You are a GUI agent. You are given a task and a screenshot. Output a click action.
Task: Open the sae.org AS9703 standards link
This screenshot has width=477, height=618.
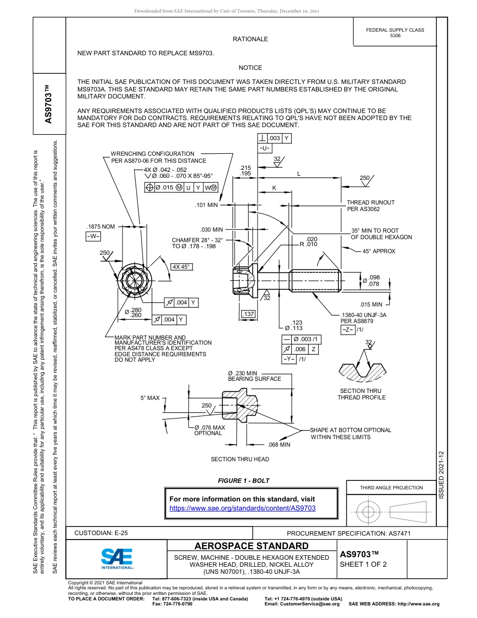pos(243,508)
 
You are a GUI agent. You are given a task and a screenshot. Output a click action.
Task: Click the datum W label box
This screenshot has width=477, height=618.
pos(93,236)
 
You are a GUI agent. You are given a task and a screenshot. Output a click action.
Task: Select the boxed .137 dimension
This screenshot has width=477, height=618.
pos(249,314)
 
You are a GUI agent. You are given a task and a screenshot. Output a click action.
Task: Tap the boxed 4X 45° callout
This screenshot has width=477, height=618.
pos(182,267)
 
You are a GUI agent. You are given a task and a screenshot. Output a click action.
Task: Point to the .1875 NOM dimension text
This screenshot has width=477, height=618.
pos(101,227)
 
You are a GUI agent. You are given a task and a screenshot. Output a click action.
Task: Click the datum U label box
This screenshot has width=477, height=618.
pos(265,148)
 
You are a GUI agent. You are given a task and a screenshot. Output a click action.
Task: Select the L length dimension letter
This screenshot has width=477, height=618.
pos(299,174)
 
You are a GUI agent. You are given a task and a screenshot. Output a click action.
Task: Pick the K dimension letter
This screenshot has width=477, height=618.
pos(274,187)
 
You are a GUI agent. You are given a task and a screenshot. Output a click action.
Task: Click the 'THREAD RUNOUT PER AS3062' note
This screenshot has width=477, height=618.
pos(371,205)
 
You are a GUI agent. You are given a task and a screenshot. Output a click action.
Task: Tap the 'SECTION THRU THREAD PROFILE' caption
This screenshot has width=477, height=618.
pos(361,394)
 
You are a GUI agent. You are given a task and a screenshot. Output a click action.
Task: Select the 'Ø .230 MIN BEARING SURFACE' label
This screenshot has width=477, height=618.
pos(255,376)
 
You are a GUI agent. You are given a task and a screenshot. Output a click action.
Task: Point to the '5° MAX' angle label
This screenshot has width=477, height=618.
pos(150,398)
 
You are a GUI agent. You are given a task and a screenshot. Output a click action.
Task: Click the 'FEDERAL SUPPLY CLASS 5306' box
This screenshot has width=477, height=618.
pos(395,33)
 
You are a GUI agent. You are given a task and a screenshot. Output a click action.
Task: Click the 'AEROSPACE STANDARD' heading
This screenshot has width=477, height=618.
pos(252,546)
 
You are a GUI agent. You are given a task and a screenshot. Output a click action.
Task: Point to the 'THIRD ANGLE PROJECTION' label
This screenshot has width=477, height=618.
pos(391,487)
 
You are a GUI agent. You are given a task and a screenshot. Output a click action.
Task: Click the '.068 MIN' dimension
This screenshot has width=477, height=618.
pos(279,445)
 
